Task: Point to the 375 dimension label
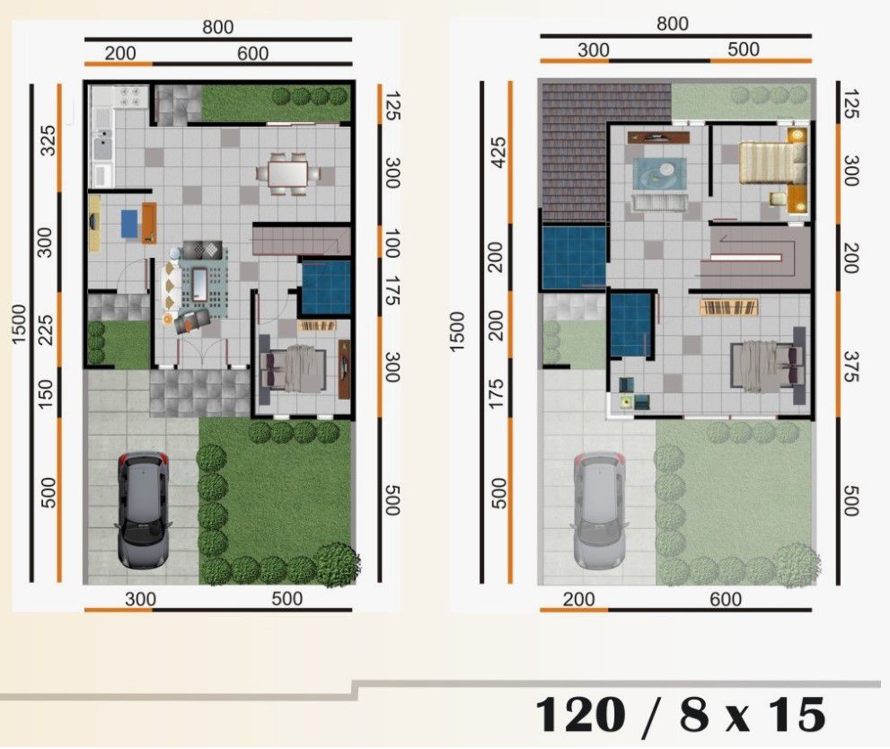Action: (x=850, y=365)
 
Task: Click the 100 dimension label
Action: (x=392, y=242)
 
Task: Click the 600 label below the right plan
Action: (x=725, y=598)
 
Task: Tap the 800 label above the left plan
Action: (x=217, y=27)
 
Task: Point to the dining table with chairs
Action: (x=288, y=172)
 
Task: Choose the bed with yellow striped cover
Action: (x=767, y=163)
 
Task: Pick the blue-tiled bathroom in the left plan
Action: (x=325, y=286)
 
